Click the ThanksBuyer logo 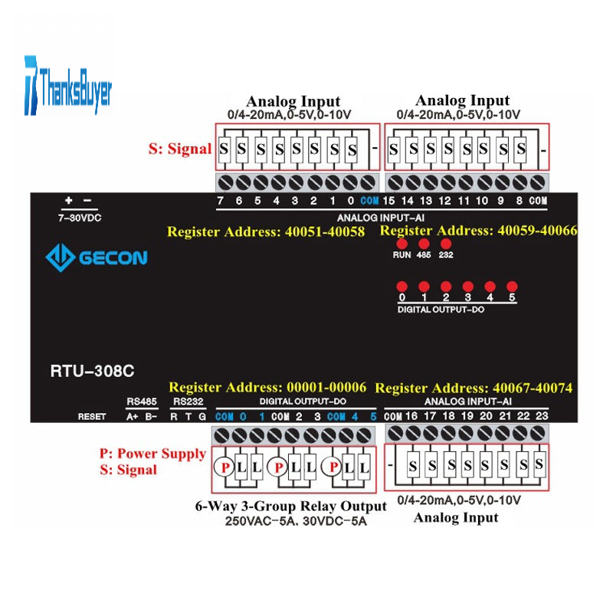68,86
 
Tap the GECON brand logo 97,257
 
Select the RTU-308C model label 92,371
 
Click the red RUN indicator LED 402,244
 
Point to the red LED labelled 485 424,244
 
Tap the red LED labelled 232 446,244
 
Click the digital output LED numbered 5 512,287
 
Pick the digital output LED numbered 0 402,287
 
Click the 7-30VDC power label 80,218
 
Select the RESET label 92,417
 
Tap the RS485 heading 142,402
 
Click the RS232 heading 188,402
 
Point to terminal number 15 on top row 388,201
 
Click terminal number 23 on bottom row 542,416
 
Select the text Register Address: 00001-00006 267,388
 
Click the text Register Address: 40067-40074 474,388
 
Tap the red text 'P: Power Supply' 152,454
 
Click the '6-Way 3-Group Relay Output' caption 291,506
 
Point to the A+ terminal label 132,417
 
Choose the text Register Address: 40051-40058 266,232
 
